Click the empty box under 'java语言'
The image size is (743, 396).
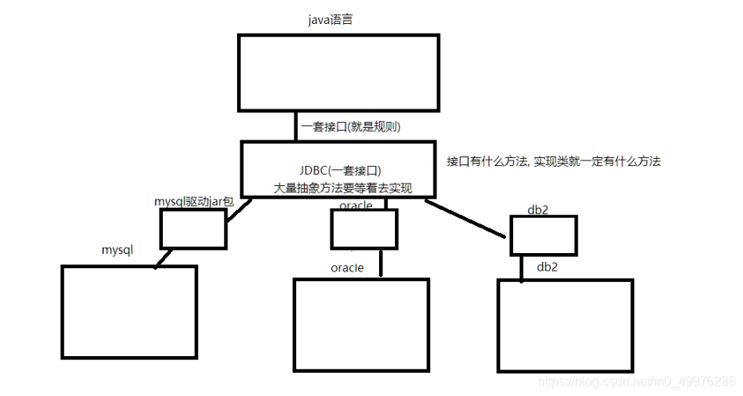click(x=338, y=73)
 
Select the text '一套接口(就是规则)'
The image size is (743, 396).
click(x=350, y=126)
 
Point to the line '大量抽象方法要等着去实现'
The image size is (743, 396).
click(x=342, y=188)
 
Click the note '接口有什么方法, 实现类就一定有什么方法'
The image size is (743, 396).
click(x=554, y=161)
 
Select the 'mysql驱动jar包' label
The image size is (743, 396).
click(x=194, y=202)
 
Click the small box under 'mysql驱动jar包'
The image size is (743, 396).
click(x=193, y=228)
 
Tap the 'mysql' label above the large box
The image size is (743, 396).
click(x=117, y=250)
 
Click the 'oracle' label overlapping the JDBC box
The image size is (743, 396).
click(x=356, y=206)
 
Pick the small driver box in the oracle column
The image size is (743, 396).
click(x=364, y=229)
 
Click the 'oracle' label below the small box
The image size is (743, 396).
click(x=347, y=267)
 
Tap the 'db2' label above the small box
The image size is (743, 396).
click(x=537, y=209)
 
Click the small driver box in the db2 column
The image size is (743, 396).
click(x=543, y=236)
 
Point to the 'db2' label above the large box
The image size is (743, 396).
click(x=547, y=266)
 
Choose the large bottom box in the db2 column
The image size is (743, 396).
click(x=565, y=325)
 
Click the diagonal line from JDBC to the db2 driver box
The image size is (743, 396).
click(x=466, y=219)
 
